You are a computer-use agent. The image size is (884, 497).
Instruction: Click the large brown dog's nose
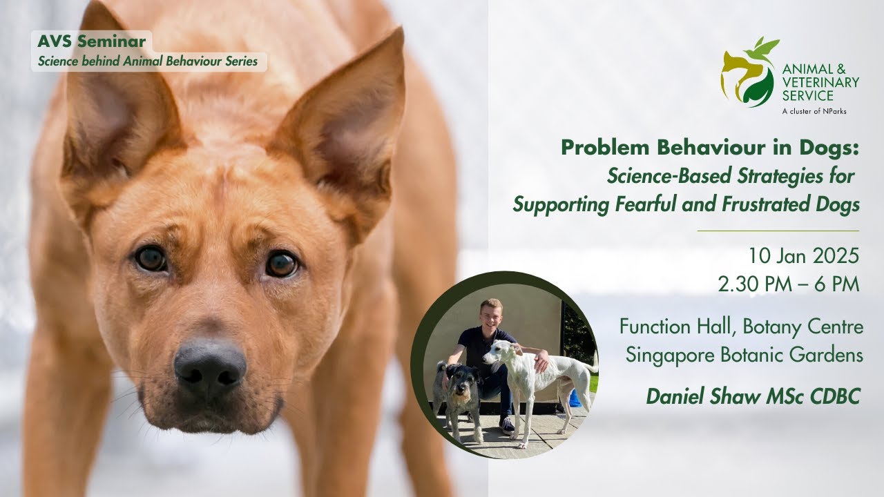(x=210, y=364)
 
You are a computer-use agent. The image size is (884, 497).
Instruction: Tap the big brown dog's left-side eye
(x=151, y=259)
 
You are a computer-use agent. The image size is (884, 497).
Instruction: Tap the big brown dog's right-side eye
(x=281, y=264)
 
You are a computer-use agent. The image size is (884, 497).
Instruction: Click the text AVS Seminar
(x=92, y=41)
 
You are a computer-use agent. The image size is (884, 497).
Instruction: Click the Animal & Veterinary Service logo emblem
(x=748, y=72)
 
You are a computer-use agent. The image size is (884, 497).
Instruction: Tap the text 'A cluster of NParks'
(x=814, y=110)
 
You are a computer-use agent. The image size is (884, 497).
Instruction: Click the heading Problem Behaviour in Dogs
(x=710, y=148)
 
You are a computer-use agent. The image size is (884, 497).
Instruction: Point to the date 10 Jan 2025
(x=803, y=257)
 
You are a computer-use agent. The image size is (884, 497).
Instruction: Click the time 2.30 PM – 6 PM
(x=788, y=284)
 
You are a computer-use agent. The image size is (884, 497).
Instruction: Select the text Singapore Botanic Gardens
(x=744, y=355)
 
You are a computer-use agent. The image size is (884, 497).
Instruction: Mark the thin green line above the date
(x=778, y=231)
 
